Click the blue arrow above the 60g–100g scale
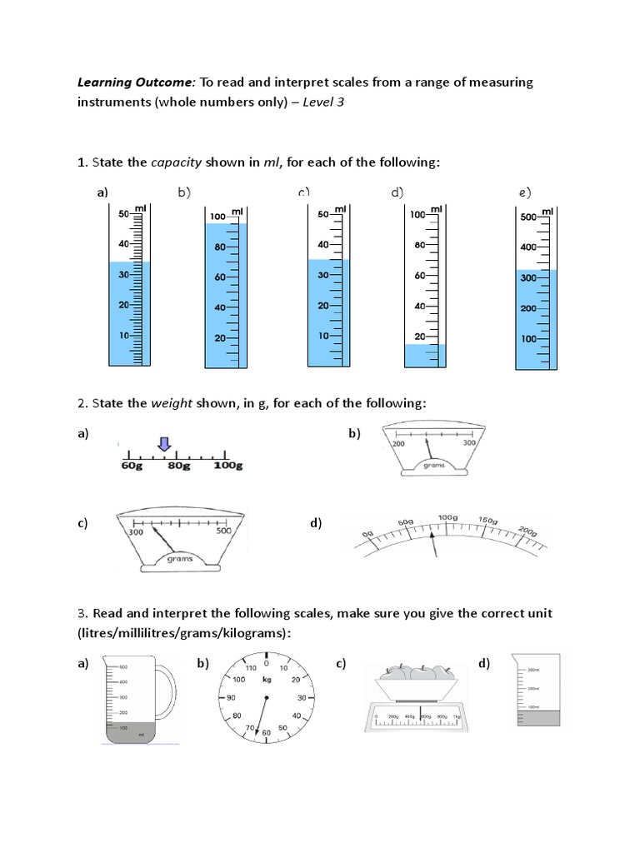[x=164, y=444]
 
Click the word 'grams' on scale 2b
[x=433, y=466]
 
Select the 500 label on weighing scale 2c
[x=223, y=531]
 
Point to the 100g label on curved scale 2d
[x=447, y=518]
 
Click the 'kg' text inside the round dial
[x=267, y=679]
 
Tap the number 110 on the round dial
[x=250, y=668]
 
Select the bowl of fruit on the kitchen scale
[x=415, y=676]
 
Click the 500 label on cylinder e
[x=528, y=217]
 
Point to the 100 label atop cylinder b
[x=218, y=217]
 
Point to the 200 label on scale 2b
[x=397, y=444]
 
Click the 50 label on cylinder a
[x=122, y=214]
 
